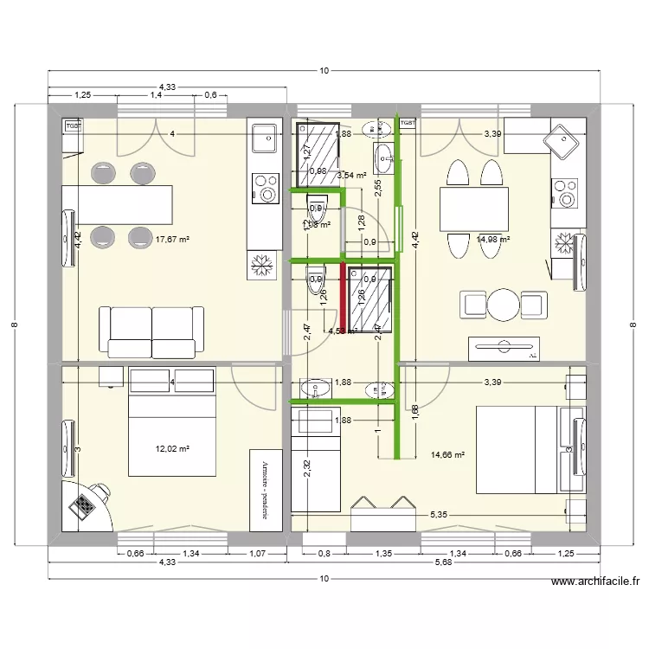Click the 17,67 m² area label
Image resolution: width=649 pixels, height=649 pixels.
(x=171, y=240)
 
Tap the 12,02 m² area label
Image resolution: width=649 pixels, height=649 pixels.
(x=171, y=448)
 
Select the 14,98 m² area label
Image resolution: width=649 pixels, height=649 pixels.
(x=492, y=240)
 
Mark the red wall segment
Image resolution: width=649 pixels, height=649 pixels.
(x=344, y=298)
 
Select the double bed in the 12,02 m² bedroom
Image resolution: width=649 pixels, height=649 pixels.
(x=171, y=421)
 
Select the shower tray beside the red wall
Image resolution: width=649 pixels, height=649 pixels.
(x=370, y=299)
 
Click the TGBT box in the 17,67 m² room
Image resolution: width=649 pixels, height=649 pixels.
(x=73, y=125)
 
